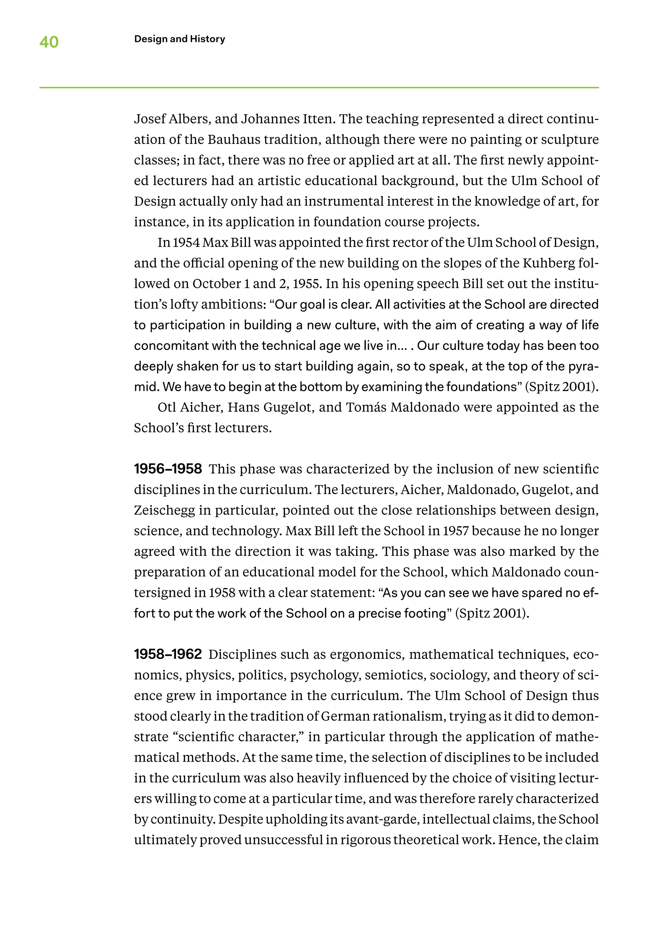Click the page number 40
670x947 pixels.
click(x=49, y=42)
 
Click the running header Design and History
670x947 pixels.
click(x=180, y=39)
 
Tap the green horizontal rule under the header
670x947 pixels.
click(x=319, y=87)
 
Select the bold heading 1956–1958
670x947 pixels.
click(x=168, y=469)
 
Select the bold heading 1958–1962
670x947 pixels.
click(x=168, y=654)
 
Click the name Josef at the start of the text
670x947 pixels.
click(x=148, y=119)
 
